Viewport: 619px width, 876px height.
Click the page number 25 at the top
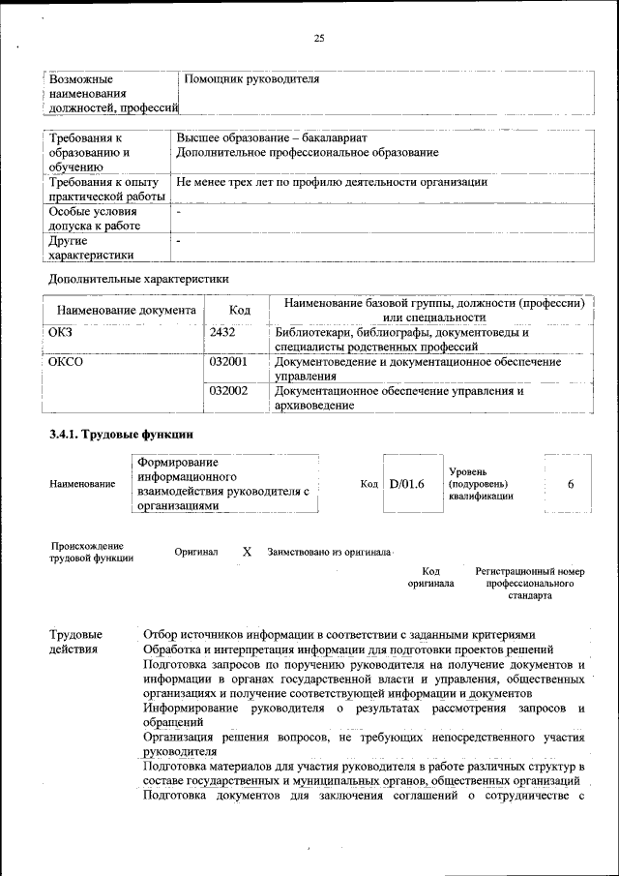(318, 39)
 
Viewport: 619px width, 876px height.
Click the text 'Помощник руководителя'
(251, 78)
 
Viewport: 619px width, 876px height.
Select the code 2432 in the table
(222, 333)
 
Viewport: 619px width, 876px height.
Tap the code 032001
(228, 361)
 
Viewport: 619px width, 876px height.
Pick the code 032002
(228, 391)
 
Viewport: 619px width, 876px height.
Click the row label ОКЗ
(60, 333)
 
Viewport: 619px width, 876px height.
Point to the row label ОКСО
(66, 361)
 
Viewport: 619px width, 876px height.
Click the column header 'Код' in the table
(240, 310)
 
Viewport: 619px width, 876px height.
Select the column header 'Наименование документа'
(126, 310)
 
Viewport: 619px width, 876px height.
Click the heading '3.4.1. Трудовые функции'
(121, 435)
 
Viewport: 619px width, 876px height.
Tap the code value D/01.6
(407, 483)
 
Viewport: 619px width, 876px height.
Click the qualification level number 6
(571, 483)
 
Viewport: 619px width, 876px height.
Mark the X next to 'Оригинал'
(247, 551)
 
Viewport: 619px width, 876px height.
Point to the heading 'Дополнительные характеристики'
(137, 279)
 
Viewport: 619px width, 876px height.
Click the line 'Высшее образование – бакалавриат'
(272, 138)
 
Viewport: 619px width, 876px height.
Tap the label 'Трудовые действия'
(75, 642)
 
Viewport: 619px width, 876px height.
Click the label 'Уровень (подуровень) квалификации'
(481, 483)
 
